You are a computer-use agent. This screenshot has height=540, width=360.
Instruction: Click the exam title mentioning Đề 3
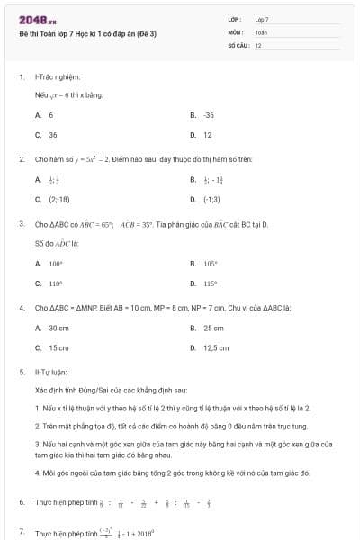pyautogui.click(x=87, y=33)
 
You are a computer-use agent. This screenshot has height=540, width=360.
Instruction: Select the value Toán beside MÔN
pyautogui.click(x=262, y=31)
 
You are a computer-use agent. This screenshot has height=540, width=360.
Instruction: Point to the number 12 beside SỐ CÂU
pyautogui.click(x=258, y=44)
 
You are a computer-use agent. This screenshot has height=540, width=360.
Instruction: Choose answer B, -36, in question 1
pyautogui.click(x=209, y=115)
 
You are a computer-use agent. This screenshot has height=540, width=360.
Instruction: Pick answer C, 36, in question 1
pyautogui.click(x=52, y=135)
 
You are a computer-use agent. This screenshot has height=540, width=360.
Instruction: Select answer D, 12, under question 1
pyautogui.click(x=207, y=135)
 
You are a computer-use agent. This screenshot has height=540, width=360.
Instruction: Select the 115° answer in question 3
pyautogui.click(x=211, y=283)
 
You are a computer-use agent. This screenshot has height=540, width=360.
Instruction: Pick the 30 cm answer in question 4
pyautogui.click(x=58, y=328)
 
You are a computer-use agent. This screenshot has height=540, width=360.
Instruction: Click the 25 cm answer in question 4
pyautogui.click(x=213, y=328)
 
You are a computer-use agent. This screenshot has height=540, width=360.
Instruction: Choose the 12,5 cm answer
pyautogui.click(x=216, y=347)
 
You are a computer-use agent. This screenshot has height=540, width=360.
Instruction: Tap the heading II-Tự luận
pyautogui.click(x=52, y=371)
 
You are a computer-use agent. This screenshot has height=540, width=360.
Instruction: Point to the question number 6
pyautogui.click(x=22, y=501)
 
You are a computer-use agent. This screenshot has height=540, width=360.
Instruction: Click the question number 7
pyautogui.click(x=22, y=533)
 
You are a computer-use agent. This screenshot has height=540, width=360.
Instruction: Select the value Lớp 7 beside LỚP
pyautogui.click(x=262, y=19)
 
